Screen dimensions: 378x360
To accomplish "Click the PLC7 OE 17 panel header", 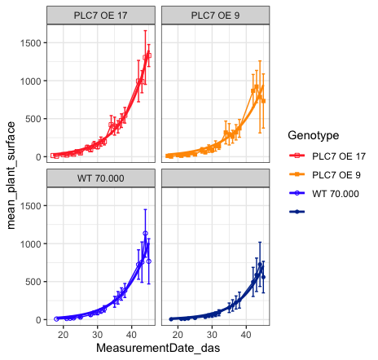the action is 101,15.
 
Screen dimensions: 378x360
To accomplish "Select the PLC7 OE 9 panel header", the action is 215,15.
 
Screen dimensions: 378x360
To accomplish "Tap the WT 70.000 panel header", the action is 101,178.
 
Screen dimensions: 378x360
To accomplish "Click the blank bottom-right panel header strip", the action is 215,178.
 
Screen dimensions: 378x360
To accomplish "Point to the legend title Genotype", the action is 314,135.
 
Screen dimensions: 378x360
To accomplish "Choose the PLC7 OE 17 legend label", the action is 339,156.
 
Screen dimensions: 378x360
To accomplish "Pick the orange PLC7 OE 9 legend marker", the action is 297,174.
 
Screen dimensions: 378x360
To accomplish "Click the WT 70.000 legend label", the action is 336,194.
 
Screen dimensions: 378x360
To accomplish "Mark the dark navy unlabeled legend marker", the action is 297,212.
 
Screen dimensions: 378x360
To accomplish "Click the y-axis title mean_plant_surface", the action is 11,175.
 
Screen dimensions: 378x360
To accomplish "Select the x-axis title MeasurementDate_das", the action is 158,348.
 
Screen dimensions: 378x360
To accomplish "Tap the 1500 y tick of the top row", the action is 30,43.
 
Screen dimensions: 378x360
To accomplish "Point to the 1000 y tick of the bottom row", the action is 30,244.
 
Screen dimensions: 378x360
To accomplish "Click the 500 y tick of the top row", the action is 33,119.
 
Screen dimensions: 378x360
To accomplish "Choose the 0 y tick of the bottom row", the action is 38,320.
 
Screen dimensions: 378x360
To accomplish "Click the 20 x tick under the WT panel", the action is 64,335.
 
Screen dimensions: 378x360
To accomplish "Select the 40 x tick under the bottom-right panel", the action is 246,335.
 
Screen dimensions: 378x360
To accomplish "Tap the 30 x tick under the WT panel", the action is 98,335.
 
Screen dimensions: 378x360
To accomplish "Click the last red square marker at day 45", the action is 149,55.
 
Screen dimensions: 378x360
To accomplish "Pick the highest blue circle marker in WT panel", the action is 145,233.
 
